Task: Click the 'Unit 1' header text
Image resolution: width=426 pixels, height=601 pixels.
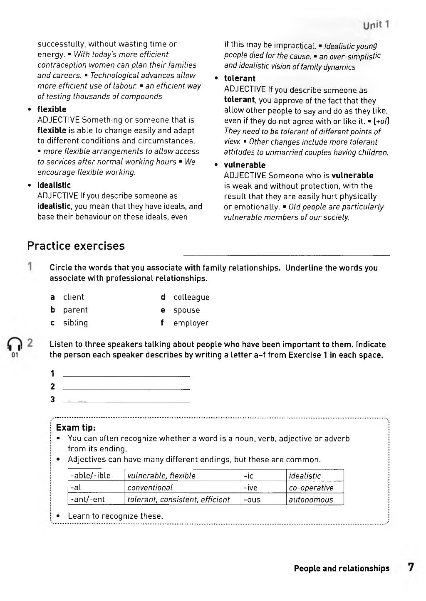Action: click(376, 25)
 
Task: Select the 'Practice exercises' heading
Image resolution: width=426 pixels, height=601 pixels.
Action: click(76, 246)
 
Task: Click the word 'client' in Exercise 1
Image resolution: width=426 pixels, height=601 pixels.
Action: click(73, 297)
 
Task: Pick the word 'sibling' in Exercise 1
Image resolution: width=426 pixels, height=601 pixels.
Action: click(75, 323)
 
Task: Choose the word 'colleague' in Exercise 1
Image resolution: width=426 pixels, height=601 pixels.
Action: click(191, 297)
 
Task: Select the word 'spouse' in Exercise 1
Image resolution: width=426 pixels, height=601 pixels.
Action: click(186, 310)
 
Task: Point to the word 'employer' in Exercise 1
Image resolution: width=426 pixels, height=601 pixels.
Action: click(191, 323)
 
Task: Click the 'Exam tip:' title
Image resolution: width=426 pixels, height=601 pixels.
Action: click(76, 427)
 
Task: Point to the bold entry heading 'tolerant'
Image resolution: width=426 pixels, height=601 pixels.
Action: click(240, 78)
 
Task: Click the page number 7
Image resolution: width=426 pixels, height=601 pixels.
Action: click(411, 567)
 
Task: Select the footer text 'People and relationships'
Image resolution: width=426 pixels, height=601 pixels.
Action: click(342, 568)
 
